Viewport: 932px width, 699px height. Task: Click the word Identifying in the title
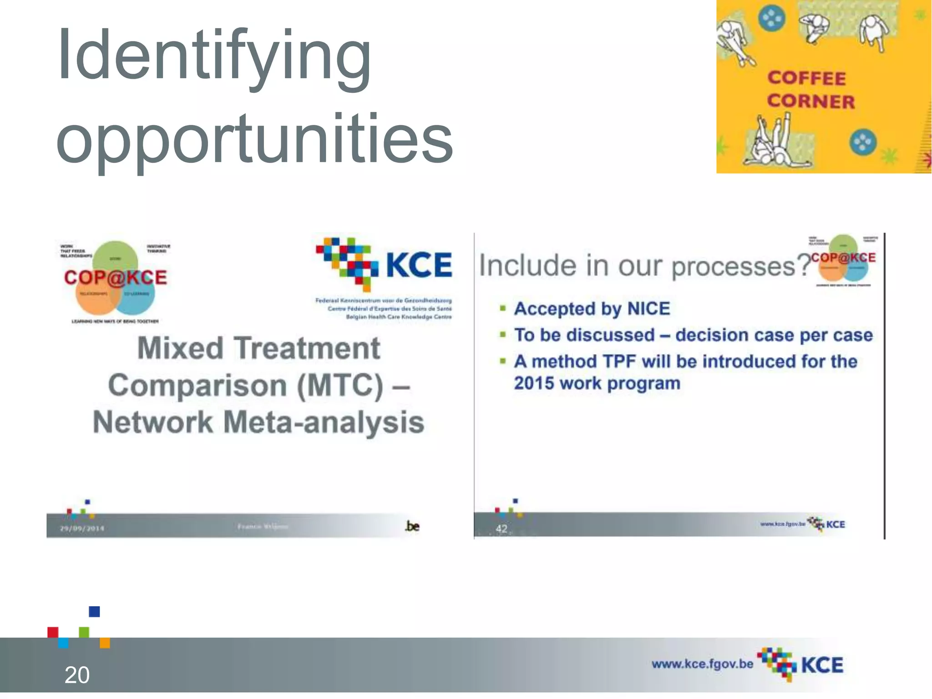point(214,57)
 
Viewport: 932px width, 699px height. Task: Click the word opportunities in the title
point(255,139)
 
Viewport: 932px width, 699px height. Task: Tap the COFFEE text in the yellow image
point(806,78)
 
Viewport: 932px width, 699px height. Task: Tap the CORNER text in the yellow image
point(811,101)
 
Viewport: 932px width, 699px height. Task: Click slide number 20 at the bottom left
point(77,675)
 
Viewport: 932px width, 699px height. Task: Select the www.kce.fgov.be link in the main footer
point(702,664)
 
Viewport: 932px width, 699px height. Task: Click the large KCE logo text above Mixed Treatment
point(419,265)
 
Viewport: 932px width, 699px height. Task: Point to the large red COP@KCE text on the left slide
point(116,278)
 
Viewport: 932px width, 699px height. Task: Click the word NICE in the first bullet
point(648,309)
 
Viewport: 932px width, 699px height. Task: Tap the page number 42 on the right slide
point(501,528)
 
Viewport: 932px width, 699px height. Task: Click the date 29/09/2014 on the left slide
point(82,528)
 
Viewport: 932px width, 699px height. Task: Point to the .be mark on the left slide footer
point(412,527)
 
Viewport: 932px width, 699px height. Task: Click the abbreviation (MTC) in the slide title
point(340,385)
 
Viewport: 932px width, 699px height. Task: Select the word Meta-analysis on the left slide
point(324,422)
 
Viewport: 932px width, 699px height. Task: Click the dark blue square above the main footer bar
point(94,611)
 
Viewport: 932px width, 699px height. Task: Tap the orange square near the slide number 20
point(105,643)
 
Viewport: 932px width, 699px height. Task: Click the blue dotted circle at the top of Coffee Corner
point(771,19)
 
